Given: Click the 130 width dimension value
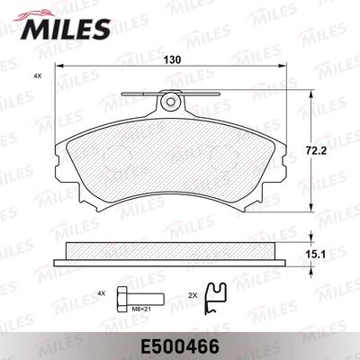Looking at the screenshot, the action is click(x=173, y=59).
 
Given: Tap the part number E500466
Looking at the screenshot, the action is click(x=179, y=347).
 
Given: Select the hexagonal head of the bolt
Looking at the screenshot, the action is click(x=121, y=299).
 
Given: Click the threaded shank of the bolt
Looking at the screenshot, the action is click(x=145, y=299).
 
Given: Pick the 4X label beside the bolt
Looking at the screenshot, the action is click(x=102, y=293).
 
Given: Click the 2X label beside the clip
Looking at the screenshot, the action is click(x=193, y=295).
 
